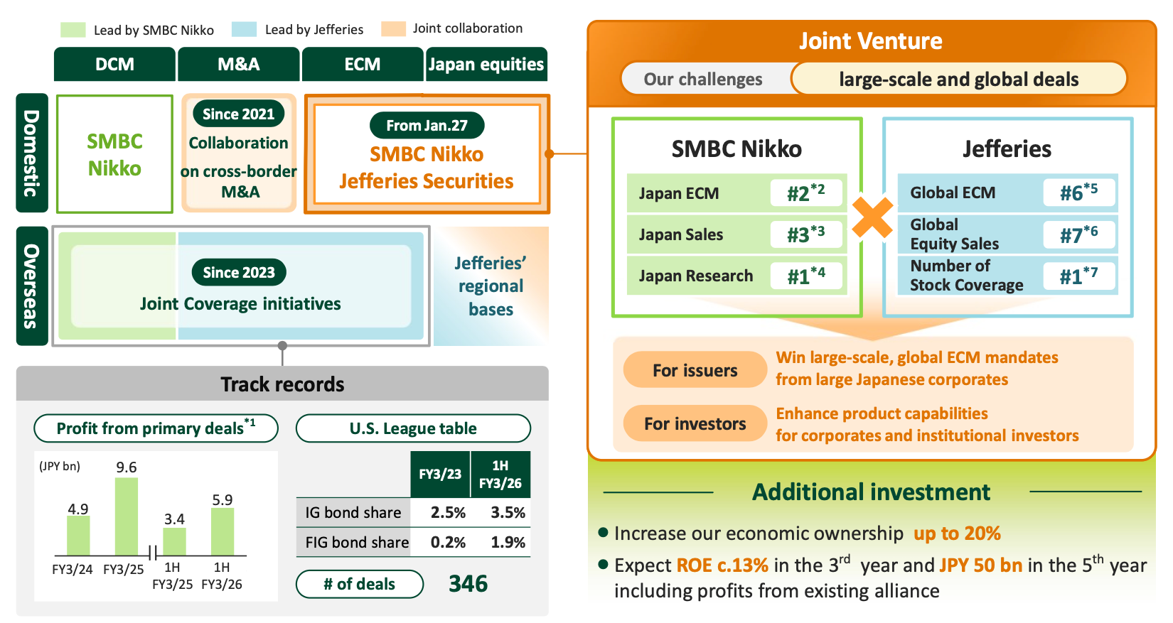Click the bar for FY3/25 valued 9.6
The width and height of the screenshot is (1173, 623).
[127, 516]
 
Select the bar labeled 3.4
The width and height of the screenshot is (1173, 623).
[174, 541]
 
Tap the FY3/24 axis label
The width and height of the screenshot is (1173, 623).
[72, 570]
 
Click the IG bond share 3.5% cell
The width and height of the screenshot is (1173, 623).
[508, 513]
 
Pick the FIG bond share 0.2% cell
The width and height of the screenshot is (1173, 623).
[448, 543]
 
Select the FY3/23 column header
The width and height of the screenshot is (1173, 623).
[440, 475]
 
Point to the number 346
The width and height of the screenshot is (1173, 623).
[468, 584]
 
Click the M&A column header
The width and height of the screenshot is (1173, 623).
[239, 65]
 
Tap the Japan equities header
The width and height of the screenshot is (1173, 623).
[486, 65]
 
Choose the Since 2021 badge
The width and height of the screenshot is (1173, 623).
[238, 114]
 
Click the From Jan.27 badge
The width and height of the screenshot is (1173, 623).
[427, 126]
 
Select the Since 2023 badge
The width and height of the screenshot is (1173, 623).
[239, 273]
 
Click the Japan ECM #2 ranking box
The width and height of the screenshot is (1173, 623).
[806, 193]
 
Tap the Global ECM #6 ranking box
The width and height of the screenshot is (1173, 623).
[1078, 193]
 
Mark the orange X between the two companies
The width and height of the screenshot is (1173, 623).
[872, 217]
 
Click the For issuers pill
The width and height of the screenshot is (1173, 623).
[695, 370]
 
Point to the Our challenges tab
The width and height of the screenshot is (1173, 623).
[703, 79]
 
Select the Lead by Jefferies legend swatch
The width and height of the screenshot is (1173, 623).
[244, 29]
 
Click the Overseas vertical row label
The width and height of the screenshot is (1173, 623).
[31, 286]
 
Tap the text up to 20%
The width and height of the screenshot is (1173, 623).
[957, 533]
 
